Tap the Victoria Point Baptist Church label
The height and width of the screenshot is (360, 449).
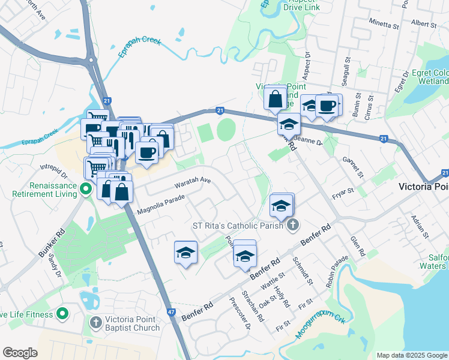point(130,323)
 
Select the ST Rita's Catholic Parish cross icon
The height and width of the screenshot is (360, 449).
point(292,225)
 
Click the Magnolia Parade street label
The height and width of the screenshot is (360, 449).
point(161,206)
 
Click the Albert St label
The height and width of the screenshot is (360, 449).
point(424,23)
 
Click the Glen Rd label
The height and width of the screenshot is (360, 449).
point(358,247)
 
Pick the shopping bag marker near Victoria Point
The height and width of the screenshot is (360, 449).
point(275,100)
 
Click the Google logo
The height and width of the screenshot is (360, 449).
point(20,353)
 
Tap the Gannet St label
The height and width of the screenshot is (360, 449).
point(354,168)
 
